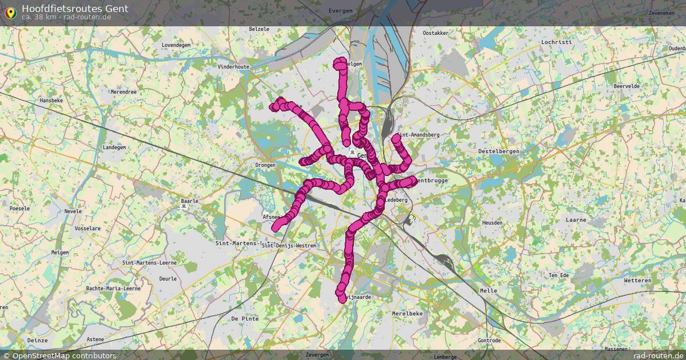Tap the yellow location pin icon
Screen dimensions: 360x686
(x=10, y=12)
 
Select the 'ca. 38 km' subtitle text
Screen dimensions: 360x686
(x=38, y=17)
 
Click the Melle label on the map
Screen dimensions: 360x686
(x=489, y=291)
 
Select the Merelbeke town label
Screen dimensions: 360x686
(x=408, y=314)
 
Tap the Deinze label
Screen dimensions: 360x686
(x=38, y=340)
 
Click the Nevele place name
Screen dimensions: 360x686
(x=73, y=211)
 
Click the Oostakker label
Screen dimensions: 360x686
(x=435, y=33)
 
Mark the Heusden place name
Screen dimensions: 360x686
(x=492, y=223)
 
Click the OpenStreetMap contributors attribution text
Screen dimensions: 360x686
(x=59, y=355)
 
